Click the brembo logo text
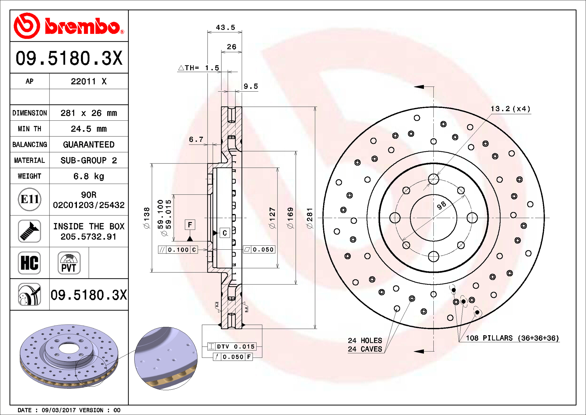tap(82, 26)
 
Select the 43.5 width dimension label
tap(225, 28)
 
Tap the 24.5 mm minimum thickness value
tap(89, 129)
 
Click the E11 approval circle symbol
tap(30, 199)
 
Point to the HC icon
tap(29, 263)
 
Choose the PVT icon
tap(69, 263)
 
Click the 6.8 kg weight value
tap(89, 176)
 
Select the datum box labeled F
tap(190, 225)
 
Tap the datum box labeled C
tap(225, 233)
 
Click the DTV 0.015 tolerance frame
tap(232, 347)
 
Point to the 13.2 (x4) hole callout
tap(510, 109)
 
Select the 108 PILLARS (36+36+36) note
tap(512, 338)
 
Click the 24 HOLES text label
tap(365, 340)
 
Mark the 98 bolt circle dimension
tap(441, 205)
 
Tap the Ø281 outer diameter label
tap(309, 218)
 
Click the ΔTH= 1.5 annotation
tap(199, 68)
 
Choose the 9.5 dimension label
tap(251, 86)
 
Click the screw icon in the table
tap(29, 231)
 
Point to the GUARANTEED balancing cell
tap(89, 145)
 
